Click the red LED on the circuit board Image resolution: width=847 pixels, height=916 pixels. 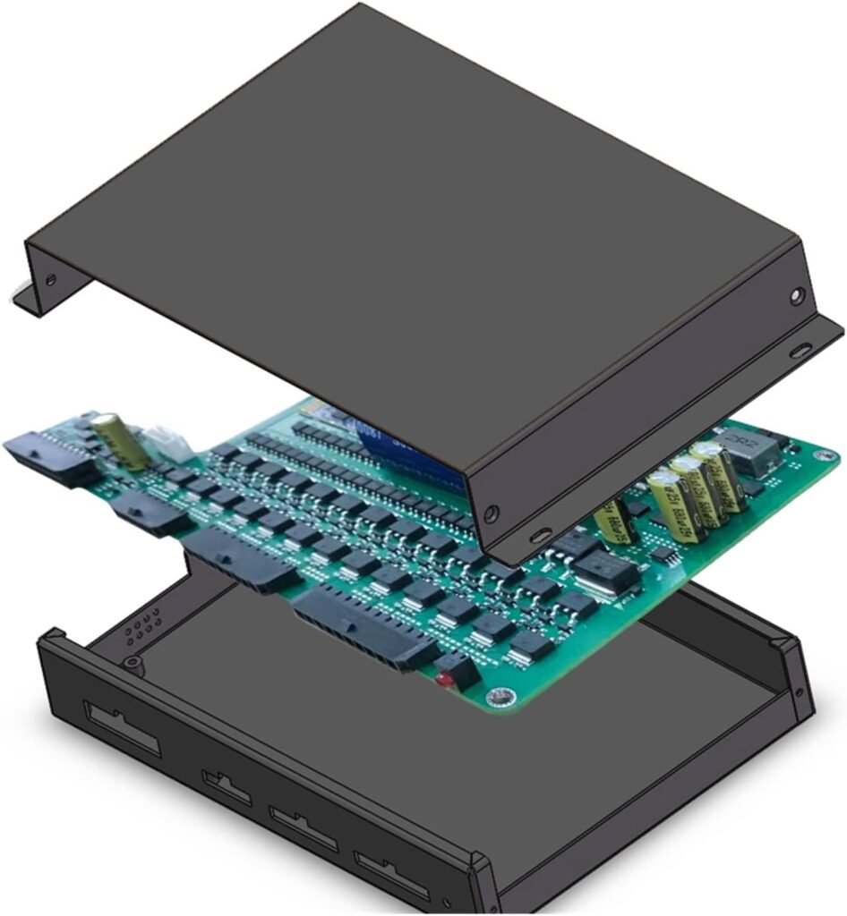pos(441,680)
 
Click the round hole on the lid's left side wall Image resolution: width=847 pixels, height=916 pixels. pos(51,279)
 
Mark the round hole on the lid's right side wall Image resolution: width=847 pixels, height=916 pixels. pos(797,295)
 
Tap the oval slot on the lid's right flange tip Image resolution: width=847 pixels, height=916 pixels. pos(801,350)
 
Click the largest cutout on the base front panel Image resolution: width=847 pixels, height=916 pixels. pos(123,728)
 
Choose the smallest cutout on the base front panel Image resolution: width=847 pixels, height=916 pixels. pos(227,785)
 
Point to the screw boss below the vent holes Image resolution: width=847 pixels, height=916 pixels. pos(132,663)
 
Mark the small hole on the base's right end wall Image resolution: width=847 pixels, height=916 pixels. pos(799,691)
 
